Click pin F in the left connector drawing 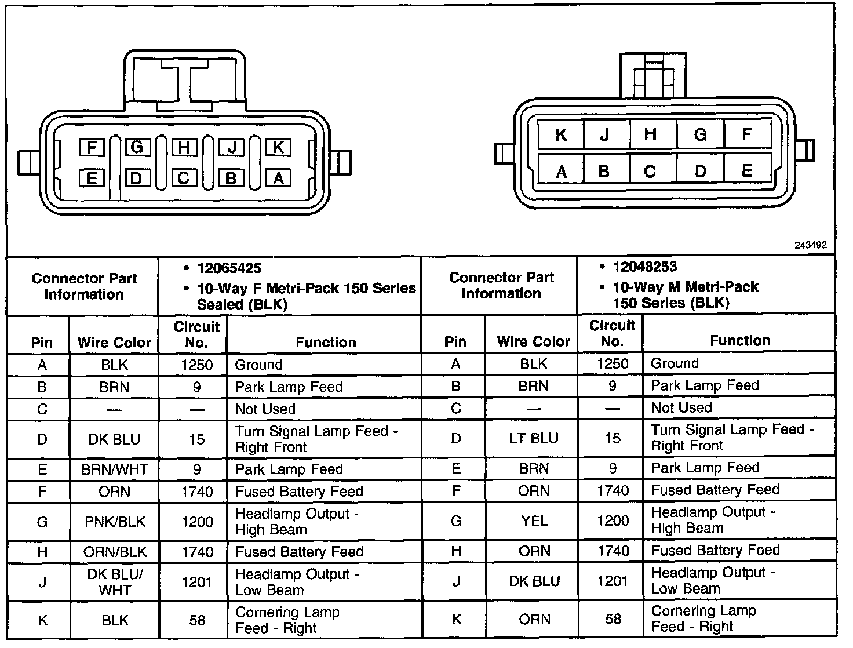coord(92,147)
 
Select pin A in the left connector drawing coord(278,178)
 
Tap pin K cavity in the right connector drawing coord(560,135)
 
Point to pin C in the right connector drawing coord(650,172)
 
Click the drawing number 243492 coord(810,245)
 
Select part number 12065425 coord(229,268)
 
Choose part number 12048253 coord(644,267)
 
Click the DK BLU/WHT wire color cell coord(114,582)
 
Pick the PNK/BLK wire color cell coord(114,522)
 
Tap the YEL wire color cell coord(534,520)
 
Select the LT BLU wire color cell coord(534,438)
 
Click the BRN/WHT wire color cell coord(114,469)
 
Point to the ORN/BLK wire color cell coord(114,552)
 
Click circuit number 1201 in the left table coord(197,582)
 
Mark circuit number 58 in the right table coord(613,619)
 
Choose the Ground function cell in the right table coord(675,363)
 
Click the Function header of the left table coord(326,342)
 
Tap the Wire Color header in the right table coord(533,341)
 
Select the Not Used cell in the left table coord(265,409)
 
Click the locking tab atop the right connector coord(652,77)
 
